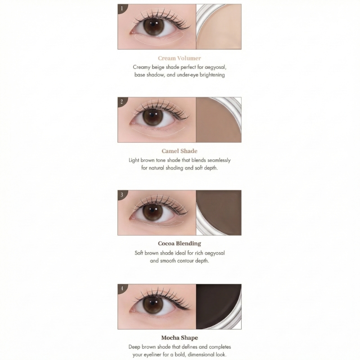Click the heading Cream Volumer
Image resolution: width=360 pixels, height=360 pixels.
[180, 58]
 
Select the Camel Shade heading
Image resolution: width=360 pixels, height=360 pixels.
[180, 151]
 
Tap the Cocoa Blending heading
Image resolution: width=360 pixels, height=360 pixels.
[180, 243]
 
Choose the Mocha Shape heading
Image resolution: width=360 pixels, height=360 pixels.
[180, 337]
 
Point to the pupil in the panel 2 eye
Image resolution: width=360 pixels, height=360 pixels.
[153, 117]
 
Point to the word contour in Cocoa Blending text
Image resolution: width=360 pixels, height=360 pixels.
[185, 261]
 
